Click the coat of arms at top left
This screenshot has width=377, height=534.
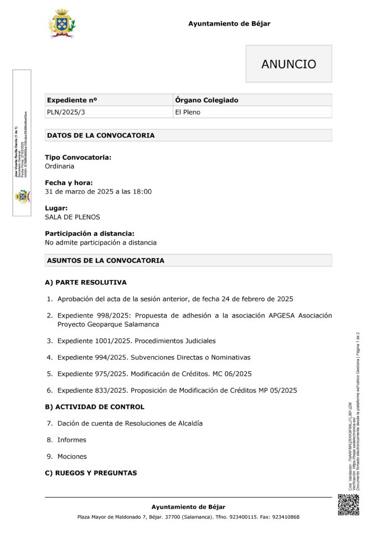pyautogui.click(x=62, y=23)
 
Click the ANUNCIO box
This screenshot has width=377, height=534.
pyautogui.click(x=288, y=64)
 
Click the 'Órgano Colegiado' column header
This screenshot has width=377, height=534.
pyautogui.click(x=207, y=100)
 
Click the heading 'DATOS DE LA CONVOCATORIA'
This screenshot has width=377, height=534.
pyautogui.click(x=100, y=136)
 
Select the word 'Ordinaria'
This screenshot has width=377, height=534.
pyautogui.click(x=59, y=166)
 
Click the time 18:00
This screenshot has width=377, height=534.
pyautogui.click(x=142, y=191)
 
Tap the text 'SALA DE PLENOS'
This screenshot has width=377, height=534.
pyautogui.click(x=72, y=217)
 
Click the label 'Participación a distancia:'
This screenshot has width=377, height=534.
pyautogui.click(x=89, y=234)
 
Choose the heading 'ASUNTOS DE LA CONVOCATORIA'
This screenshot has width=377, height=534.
pyautogui.click(x=106, y=260)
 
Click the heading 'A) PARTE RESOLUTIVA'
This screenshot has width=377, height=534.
pyautogui.click(x=85, y=283)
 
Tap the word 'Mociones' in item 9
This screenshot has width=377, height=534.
pyautogui.click(x=72, y=456)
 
